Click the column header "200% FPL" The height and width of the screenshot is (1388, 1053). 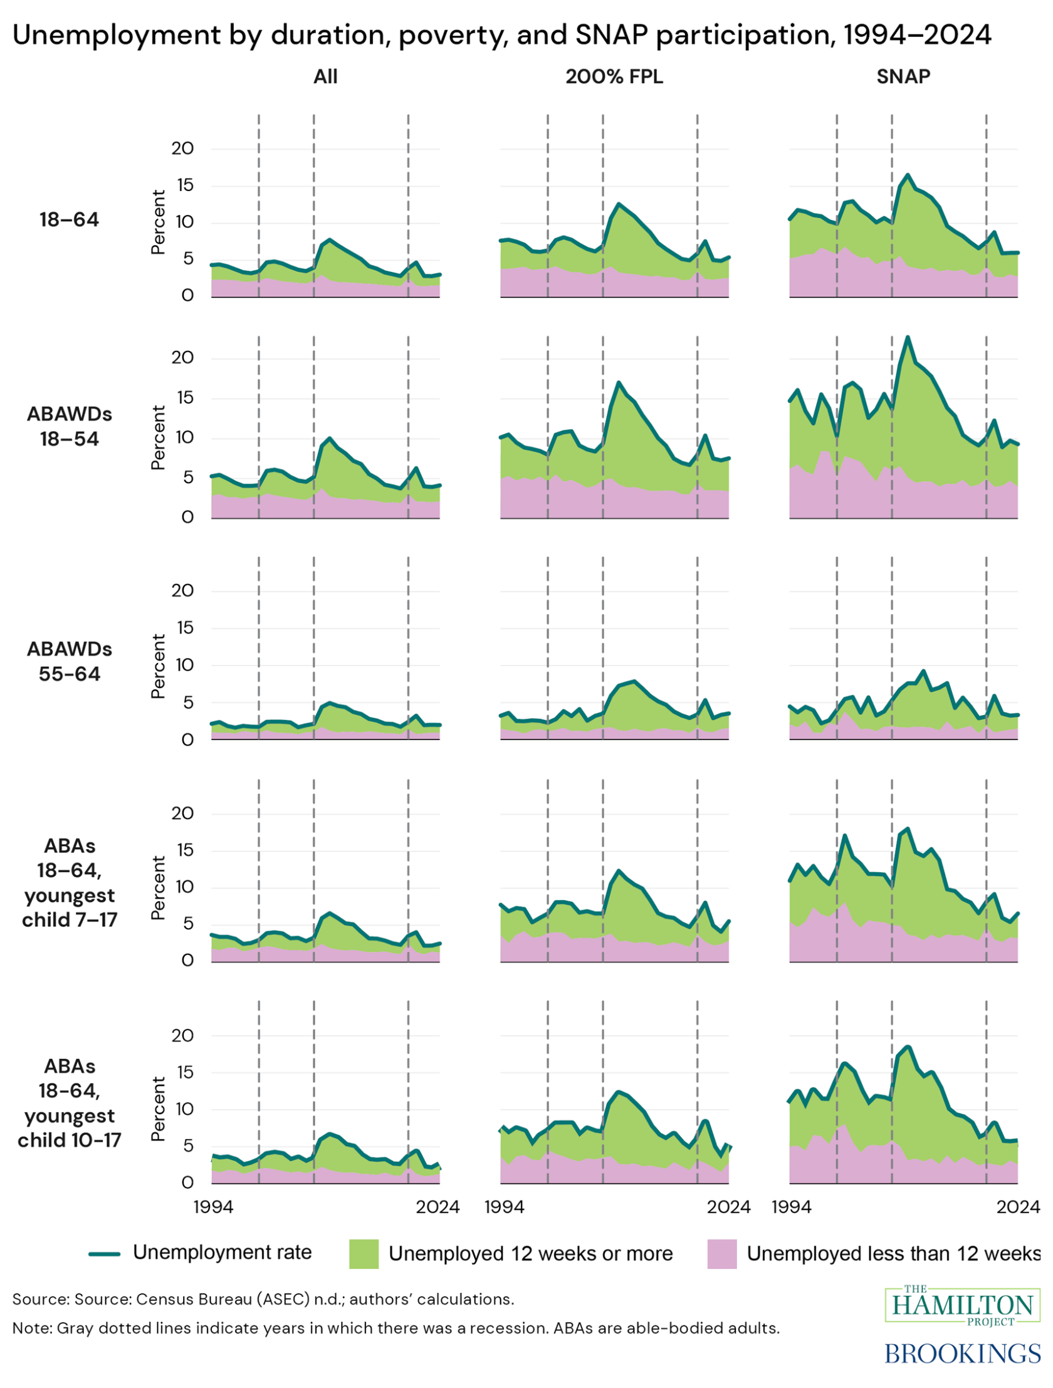click(x=613, y=76)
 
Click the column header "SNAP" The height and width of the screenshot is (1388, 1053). click(x=903, y=76)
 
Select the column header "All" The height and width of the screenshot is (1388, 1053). click(x=325, y=76)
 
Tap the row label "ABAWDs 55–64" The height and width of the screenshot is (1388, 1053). click(x=69, y=661)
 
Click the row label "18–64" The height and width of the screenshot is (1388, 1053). click(x=69, y=219)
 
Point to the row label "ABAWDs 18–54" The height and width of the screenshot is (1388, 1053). click(x=69, y=426)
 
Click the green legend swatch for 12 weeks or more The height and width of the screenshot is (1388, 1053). click(x=364, y=1253)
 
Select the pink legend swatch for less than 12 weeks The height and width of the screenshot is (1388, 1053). click(x=721, y=1253)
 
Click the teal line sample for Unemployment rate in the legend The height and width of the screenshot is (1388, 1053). click(x=104, y=1253)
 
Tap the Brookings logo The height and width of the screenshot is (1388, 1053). click(x=962, y=1353)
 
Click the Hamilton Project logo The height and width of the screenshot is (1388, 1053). click(x=962, y=1306)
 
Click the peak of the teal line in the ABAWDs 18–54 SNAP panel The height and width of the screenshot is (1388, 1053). click(x=907, y=338)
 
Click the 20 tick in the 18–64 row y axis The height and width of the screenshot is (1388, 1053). click(x=182, y=149)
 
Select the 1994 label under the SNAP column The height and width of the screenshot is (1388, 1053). click(x=792, y=1206)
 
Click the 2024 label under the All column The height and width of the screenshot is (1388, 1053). click(x=437, y=1206)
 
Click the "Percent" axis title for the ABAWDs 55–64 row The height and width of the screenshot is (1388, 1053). click(x=158, y=665)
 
